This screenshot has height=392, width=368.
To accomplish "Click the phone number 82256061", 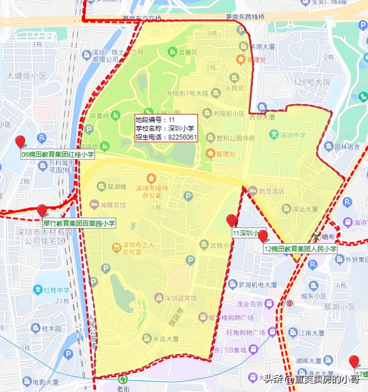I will pyautogui.click(x=183, y=137).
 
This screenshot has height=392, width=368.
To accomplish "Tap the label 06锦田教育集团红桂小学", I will pyautogui.click(x=58, y=154).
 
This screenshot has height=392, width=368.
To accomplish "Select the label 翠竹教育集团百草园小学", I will pyautogui.click(x=79, y=223).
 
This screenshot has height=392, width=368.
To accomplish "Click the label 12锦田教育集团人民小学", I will pyautogui.click(x=300, y=249).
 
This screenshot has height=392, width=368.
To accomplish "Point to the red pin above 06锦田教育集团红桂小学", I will pyautogui.click(x=20, y=141).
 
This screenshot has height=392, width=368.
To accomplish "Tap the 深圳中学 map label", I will pyautogui.click(x=292, y=135).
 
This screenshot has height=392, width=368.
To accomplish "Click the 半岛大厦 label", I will pyautogui.click(x=166, y=339).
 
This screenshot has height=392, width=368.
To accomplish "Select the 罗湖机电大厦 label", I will pyautogui.click(x=257, y=285).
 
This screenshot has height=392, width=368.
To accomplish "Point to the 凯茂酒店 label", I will pyautogui.click(x=271, y=191).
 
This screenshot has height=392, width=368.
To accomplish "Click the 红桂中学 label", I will pyautogui.click(x=57, y=290).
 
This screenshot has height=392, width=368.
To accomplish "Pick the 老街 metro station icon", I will pyautogui.click(x=123, y=379).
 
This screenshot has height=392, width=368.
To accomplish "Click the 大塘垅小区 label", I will pyautogui.click(x=26, y=76).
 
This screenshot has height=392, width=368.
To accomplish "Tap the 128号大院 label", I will pyautogui.click(x=312, y=82).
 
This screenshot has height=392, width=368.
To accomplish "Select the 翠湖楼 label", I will pyautogui.click(x=117, y=187).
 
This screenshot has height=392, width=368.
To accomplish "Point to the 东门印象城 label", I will pyautogui.click(x=230, y=350).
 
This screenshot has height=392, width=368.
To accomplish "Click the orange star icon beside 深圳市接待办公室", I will pyautogui.click(x=151, y=178).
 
